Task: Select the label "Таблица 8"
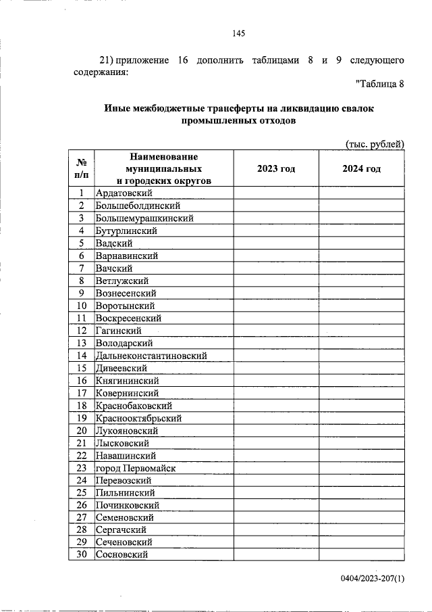coord(379,84)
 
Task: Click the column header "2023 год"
coord(276,168)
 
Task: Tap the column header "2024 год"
coord(361,168)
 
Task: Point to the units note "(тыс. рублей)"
coord(375,143)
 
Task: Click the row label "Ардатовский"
coord(124,193)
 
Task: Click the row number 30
coord(82,555)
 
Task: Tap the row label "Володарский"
coord(125,343)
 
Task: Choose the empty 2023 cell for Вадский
coord(276,243)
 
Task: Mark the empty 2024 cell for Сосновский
coord(361,555)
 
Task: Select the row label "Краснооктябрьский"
coord(138,418)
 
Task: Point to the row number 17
coord(82,393)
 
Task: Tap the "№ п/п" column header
coord(82,168)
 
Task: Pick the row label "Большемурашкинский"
coord(144,218)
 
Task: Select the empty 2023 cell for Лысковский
coord(276,443)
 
